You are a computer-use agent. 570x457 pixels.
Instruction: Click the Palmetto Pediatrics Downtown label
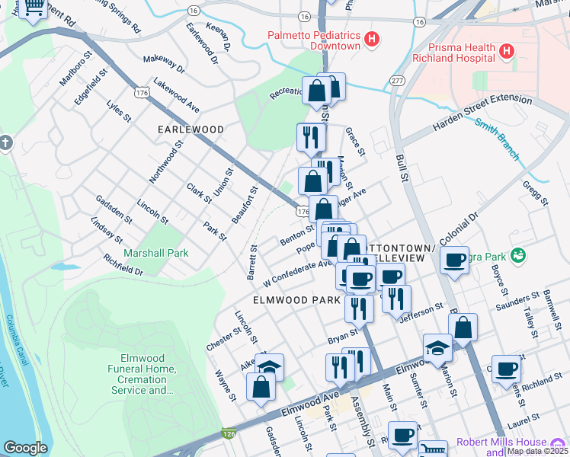coord(312,40)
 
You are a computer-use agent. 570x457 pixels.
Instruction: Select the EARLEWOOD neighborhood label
coord(191,129)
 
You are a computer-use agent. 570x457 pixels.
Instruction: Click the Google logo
coord(25,448)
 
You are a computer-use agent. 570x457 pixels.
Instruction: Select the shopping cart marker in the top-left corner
coord(34,9)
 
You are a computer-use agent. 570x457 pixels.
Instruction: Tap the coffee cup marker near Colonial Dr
coord(455,260)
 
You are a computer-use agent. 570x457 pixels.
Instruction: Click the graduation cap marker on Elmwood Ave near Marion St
coord(437,348)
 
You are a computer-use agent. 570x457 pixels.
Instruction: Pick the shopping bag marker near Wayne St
coord(261,386)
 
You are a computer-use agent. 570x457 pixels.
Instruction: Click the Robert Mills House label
coord(501,443)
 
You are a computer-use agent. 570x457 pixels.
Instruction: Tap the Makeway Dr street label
coord(164,64)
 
